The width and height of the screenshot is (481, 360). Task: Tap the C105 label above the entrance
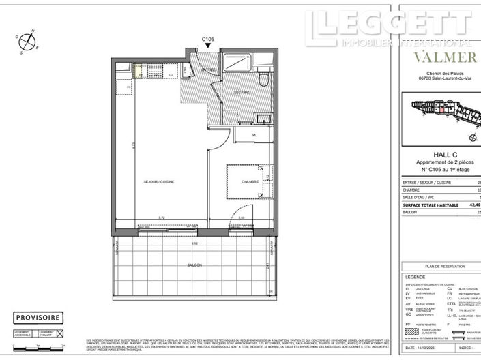pos(209,40)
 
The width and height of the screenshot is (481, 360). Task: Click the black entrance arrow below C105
pos(209,47)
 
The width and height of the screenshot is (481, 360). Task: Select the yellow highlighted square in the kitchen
pos(138,68)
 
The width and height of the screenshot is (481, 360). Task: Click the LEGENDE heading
pos(416,277)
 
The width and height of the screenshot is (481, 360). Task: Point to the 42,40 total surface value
pos(473,204)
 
